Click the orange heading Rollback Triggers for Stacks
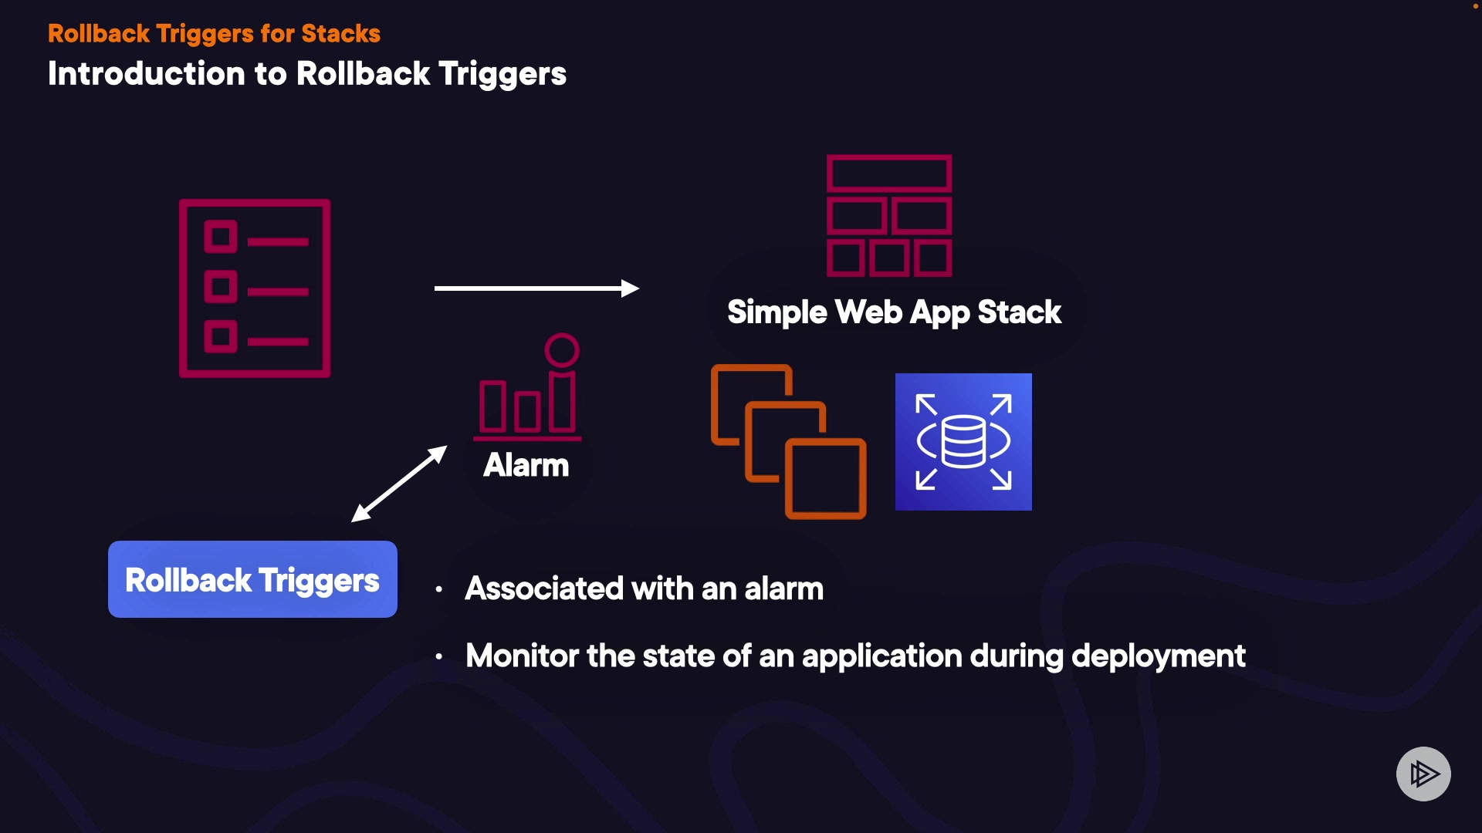[x=214, y=34]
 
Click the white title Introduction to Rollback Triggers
[x=306, y=74]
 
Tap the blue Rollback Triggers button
[x=252, y=579]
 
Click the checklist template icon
[x=255, y=288]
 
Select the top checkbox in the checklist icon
[x=221, y=237]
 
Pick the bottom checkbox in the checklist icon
[x=221, y=336]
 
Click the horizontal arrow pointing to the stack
[x=536, y=288]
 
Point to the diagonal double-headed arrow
[x=399, y=484]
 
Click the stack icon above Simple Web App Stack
[x=889, y=215]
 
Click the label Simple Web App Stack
[x=894, y=312]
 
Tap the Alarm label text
[x=526, y=465]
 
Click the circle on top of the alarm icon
[x=562, y=350]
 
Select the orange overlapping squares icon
[x=788, y=441]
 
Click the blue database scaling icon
[x=963, y=442]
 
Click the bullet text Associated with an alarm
[x=644, y=588]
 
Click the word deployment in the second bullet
[x=1158, y=656]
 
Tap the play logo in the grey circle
[x=1423, y=774]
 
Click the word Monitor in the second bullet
[x=522, y=656]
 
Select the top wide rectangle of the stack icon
[x=889, y=174]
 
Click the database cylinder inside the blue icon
[x=963, y=441]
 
